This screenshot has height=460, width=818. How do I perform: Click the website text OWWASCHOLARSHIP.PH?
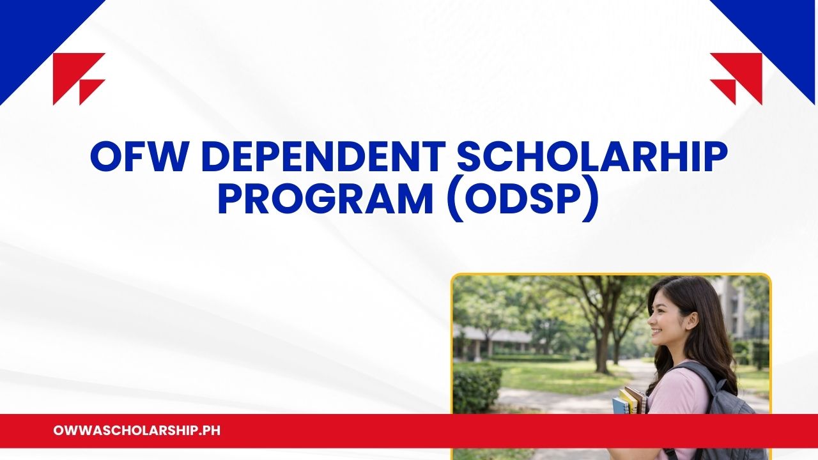coord(137,431)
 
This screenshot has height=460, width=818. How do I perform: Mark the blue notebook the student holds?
coord(619,406)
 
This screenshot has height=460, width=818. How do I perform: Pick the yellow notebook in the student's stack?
coord(629,401)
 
